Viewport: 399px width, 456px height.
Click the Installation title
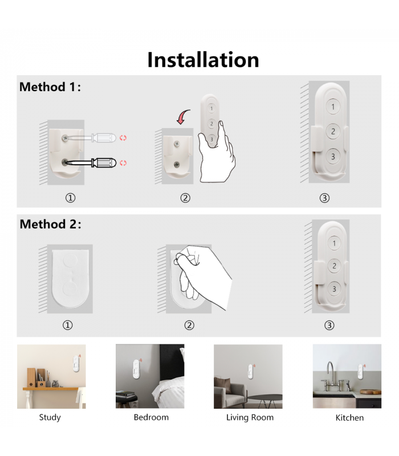pos(203,60)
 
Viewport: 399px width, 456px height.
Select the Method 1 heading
pos(50,87)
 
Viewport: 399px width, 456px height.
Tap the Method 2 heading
pos(50,224)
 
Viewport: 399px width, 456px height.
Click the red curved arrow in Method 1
pos(182,118)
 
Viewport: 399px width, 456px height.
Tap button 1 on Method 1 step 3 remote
pos(333,107)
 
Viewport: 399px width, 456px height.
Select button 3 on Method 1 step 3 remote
pos(333,156)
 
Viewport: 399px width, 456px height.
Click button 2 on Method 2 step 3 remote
pos(334,266)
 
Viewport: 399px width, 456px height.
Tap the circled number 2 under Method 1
pos(185,198)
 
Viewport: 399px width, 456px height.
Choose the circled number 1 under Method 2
pos(67,325)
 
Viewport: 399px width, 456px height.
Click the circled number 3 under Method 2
pos(329,325)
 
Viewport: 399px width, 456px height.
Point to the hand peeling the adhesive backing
pos(205,268)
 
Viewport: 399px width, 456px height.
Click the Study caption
pos(50,417)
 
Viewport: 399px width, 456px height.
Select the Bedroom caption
pos(151,417)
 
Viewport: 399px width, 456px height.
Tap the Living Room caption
pos(250,417)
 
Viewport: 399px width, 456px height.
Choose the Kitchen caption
pos(349,418)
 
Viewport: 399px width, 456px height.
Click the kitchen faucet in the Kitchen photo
pos(331,372)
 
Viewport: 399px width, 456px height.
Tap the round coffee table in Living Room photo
pos(266,398)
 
